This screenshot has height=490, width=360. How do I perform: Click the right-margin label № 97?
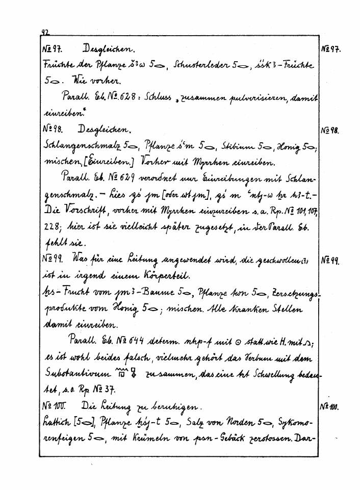click(x=331, y=50)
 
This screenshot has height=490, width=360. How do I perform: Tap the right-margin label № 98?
click(x=331, y=130)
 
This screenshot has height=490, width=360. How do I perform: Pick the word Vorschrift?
click(x=86, y=211)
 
